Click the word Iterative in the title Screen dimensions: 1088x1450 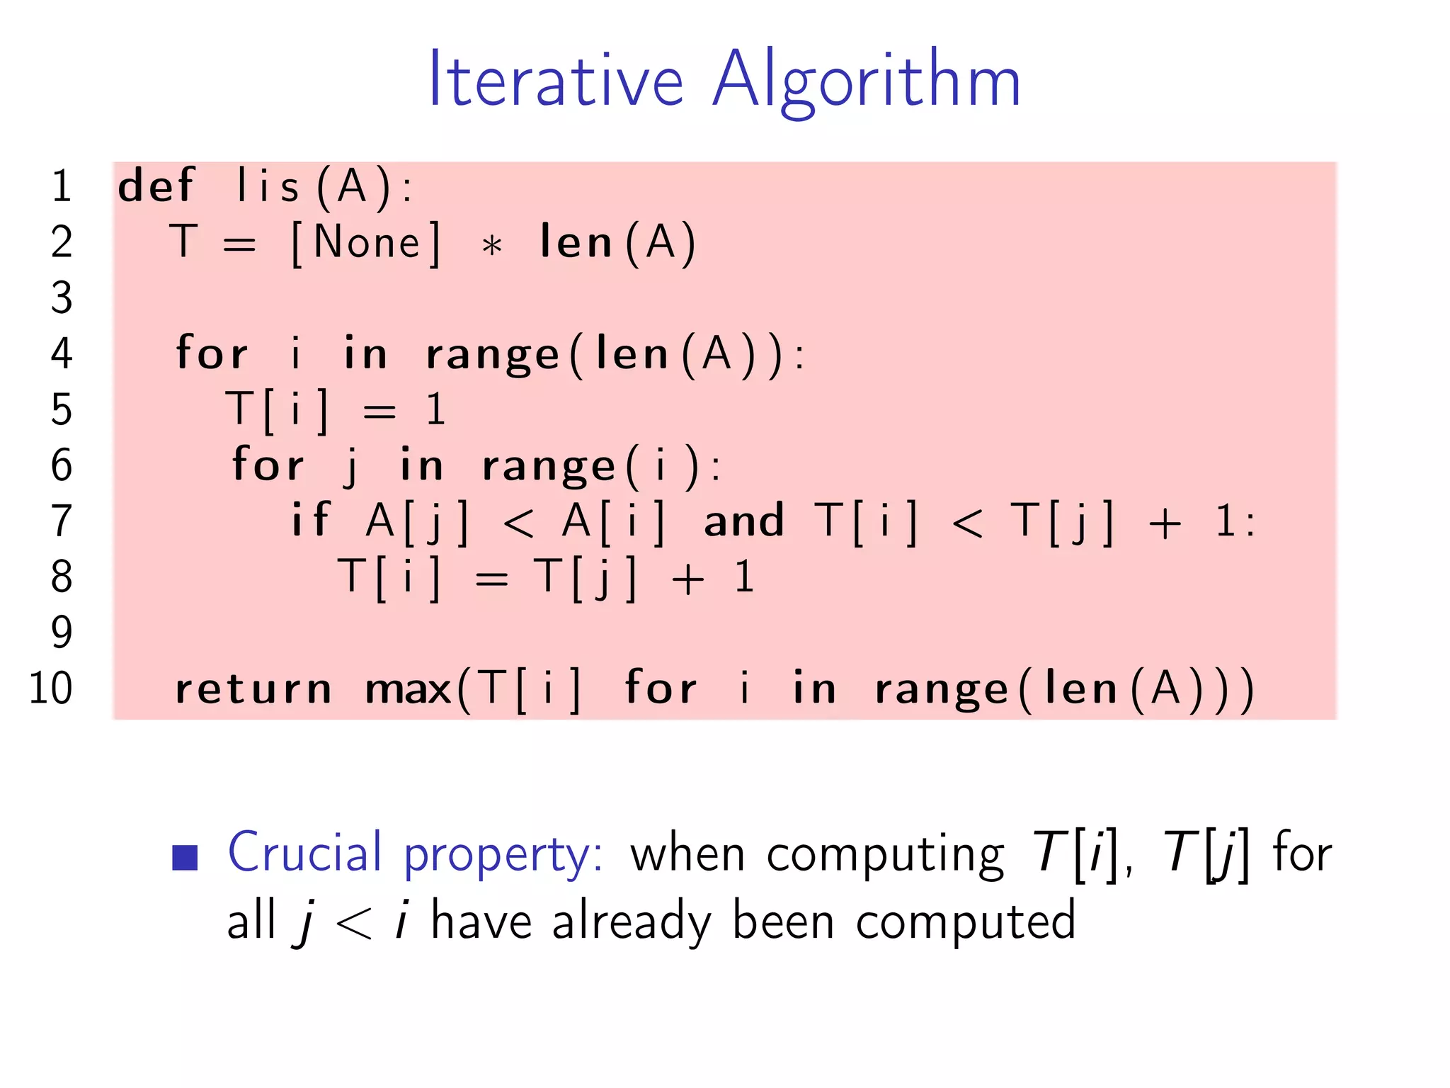556,79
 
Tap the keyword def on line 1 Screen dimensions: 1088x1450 155,186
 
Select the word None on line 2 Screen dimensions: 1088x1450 366,243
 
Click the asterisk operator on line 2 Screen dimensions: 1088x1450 491,246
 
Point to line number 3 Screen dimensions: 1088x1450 62,297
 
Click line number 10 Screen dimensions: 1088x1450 50,688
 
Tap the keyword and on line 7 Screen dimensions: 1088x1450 743,521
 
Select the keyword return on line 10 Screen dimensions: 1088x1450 253,689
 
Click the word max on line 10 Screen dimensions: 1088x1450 408,689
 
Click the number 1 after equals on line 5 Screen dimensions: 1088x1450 435,409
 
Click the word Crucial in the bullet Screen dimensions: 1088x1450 304,852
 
